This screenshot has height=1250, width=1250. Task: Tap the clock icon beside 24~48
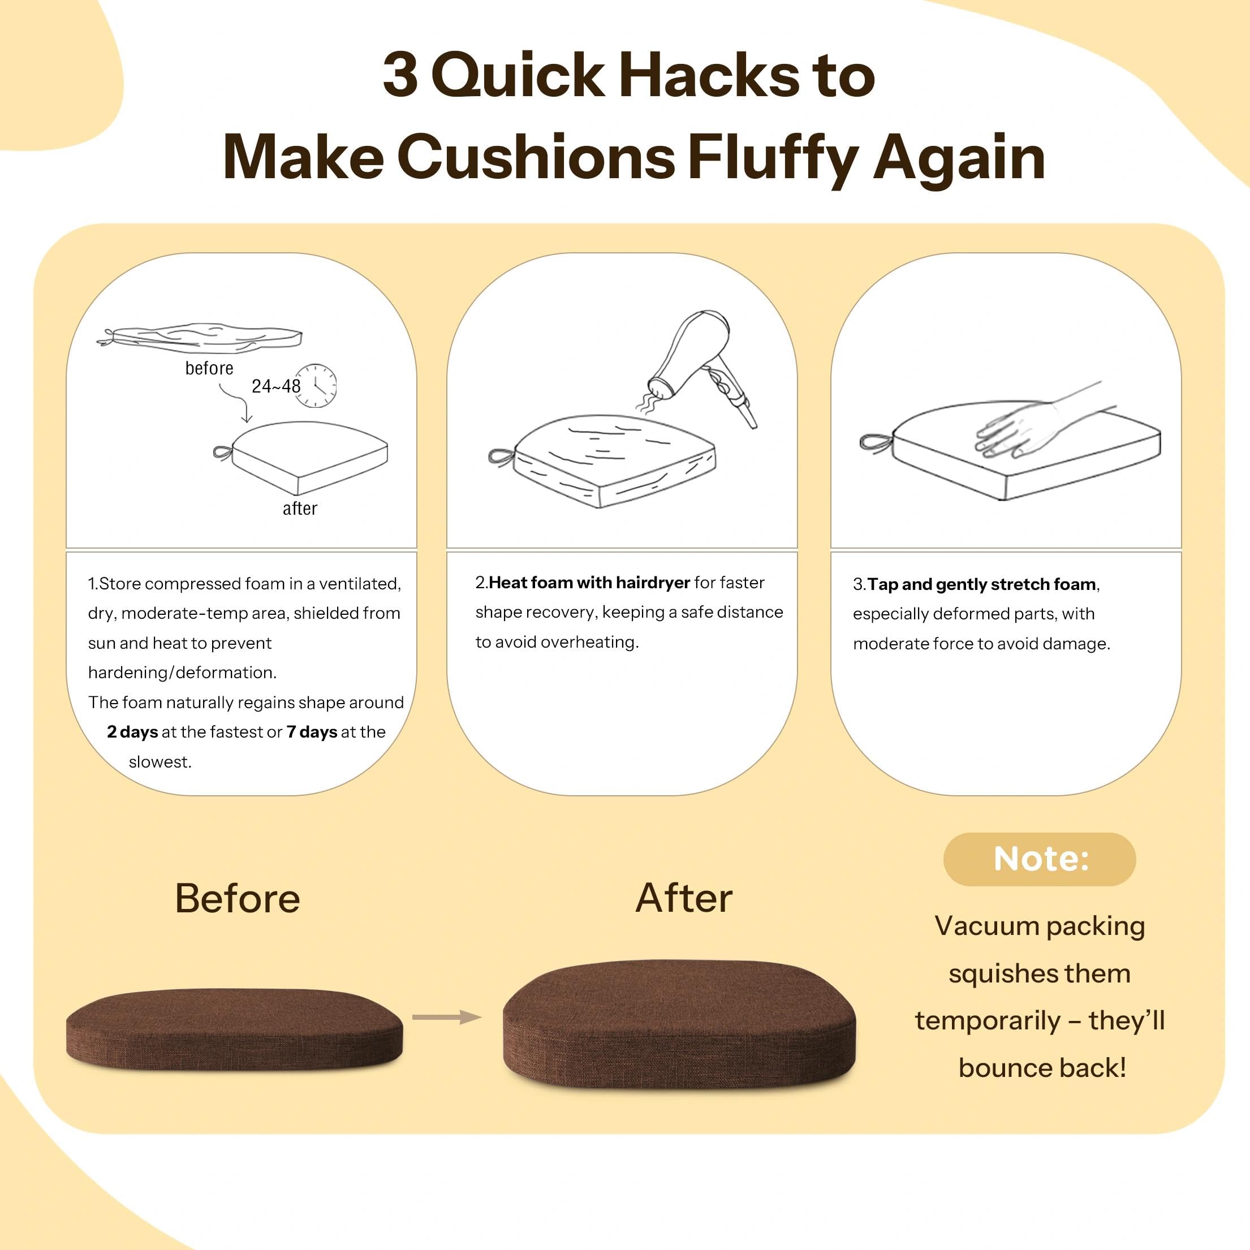coord(316,386)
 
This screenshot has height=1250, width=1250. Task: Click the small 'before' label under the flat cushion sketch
coord(209,368)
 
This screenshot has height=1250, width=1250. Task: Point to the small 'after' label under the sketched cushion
coord(300,508)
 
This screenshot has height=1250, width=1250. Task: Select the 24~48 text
coord(275,386)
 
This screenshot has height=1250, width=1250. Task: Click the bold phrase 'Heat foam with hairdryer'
coord(589,583)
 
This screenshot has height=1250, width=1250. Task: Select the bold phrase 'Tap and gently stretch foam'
coord(981,584)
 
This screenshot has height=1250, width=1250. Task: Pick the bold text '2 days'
coord(132,732)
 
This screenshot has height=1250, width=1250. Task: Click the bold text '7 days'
coord(312,732)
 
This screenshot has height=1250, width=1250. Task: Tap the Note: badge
coord(1039,859)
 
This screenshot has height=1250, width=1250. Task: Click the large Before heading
coord(238,898)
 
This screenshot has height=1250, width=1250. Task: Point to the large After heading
coord(684,898)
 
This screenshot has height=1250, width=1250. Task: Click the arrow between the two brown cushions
coord(447,1017)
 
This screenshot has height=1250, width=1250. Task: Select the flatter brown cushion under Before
coord(234,1029)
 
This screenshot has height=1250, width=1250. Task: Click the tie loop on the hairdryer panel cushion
coord(502,458)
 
